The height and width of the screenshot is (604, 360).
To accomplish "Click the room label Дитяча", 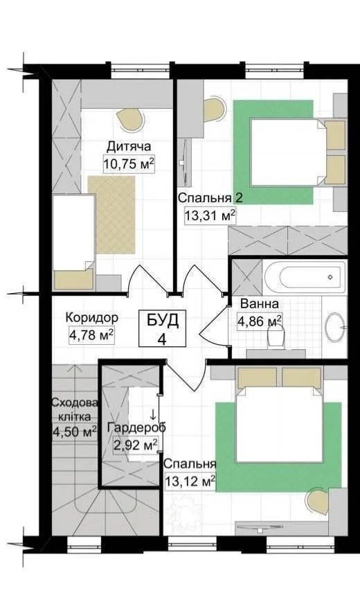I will tap(129, 146).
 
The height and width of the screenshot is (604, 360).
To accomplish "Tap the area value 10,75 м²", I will tap(128, 163).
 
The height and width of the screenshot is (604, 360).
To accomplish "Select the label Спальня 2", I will tap(210, 199).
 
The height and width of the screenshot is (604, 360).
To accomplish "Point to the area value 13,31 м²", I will tap(210, 215).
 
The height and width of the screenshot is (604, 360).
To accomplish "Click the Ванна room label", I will tap(260, 304).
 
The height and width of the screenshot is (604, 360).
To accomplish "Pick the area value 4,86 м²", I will tap(260, 321).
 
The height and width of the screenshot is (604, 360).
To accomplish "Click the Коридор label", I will tap(91, 318).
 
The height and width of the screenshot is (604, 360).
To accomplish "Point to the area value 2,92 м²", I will tap(135, 445).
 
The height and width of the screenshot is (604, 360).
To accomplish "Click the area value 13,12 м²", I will tap(189, 481).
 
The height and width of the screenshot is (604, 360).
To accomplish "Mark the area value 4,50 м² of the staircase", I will tap(74, 432).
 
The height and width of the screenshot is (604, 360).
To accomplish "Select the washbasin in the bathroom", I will tap(335, 326).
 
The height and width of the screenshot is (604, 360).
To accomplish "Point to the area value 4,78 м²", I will tap(91, 335).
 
